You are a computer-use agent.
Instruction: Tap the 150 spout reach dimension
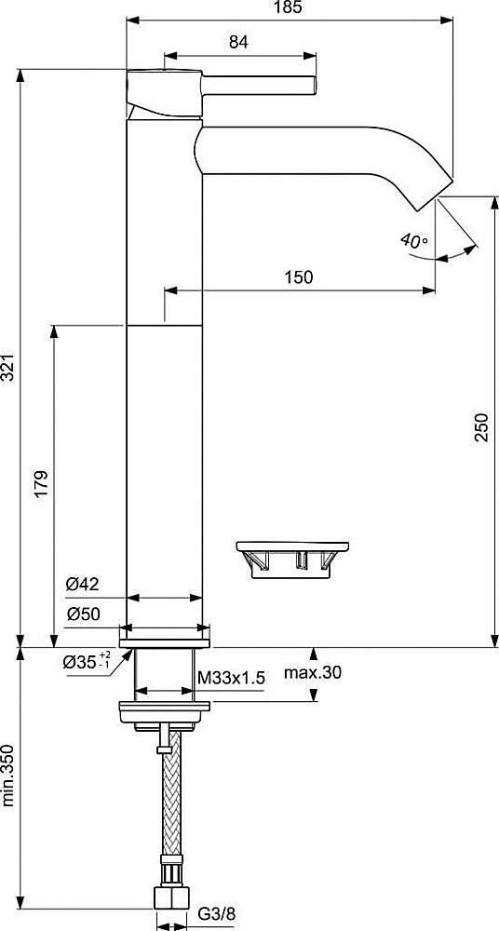299,277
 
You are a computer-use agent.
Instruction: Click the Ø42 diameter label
83,584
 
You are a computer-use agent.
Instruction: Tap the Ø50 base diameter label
83,614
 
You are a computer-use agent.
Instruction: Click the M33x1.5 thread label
231,679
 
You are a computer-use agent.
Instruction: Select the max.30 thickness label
314,672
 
